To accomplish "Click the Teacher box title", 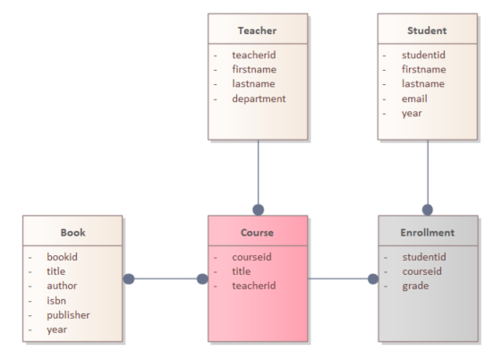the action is point(257,30).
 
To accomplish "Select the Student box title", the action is point(427,30).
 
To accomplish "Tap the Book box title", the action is point(73,233).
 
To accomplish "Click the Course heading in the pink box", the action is point(257,233).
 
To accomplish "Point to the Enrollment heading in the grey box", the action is point(428,233).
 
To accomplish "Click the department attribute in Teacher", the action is point(259,99).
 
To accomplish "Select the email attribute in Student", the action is point(414,99).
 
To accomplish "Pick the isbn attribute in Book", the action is point(56,300).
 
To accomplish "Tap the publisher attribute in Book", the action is point(68,315).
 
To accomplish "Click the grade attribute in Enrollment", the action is point(415,286).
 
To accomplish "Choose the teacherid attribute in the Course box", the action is point(254,286).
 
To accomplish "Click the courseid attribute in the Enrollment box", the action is point(422,271).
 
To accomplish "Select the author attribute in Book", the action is point(62,286).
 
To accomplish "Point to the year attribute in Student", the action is point(412,114).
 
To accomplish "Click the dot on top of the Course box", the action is point(258,210).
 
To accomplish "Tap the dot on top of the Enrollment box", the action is point(428,210).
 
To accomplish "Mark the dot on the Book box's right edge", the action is point(128,279).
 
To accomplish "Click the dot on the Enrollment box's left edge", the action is point(373,279).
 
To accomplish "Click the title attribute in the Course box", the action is point(242,271).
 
